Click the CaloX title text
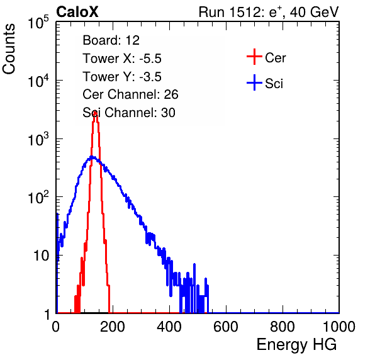tap(77, 12)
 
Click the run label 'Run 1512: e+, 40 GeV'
tap(269, 12)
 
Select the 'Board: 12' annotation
tap(111, 40)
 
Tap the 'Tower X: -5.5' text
tap(122, 59)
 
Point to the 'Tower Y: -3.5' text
tap(122, 77)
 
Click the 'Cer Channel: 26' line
tap(130, 94)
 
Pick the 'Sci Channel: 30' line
tap(129, 113)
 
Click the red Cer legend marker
tap(254, 57)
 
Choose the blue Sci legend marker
tap(254, 82)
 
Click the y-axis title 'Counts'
tap(9, 49)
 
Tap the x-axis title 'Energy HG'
tap(296, 345)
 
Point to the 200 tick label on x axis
tap(113, 327)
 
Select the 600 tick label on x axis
tap(226, 327)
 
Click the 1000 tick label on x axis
tap(339, 327)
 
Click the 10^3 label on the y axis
tap(38, 139)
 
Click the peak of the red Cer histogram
tap(95, 112)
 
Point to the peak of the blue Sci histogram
tap(92, 157)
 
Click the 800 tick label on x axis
tap(283, 327)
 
